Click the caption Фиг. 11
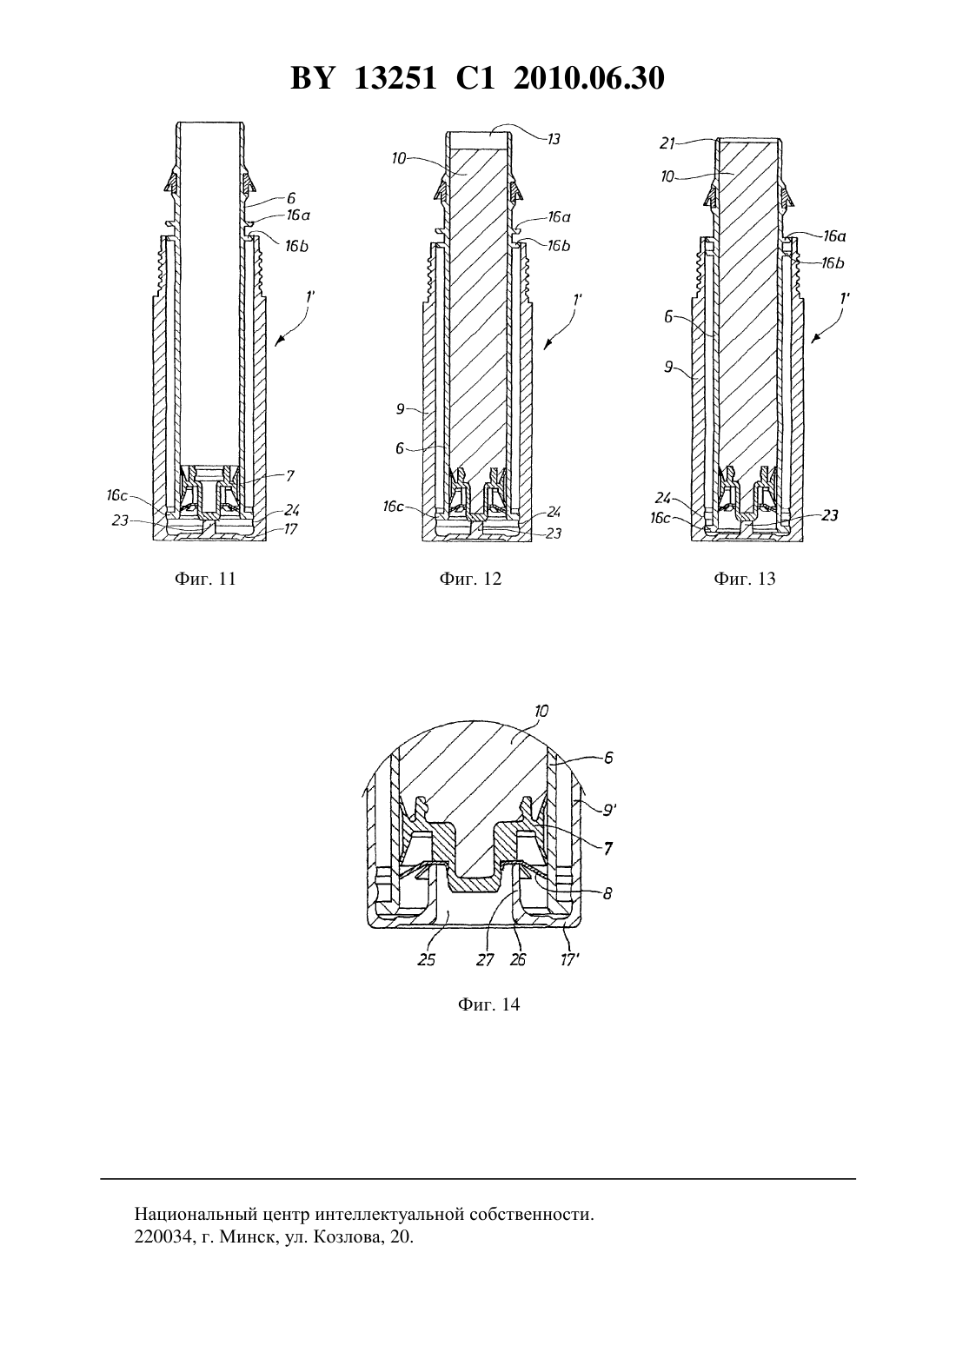tap(205, 579)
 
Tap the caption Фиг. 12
tap(471, 579)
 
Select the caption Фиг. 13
tap(745, 579)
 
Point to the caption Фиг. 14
tap(488, 1004)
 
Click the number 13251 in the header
tap(395, 78)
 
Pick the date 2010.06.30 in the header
tap(589, 78)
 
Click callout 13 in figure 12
tap(554, 139)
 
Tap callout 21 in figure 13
tap(667, 143)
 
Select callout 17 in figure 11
tap(290, 529)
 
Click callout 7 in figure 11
tap(289, 476)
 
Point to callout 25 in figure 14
tap(427, 959)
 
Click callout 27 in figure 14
tap(485, 959)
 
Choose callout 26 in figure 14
tap(518, 959)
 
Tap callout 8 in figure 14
tap(607, 893)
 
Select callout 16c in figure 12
tap(393, 506)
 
